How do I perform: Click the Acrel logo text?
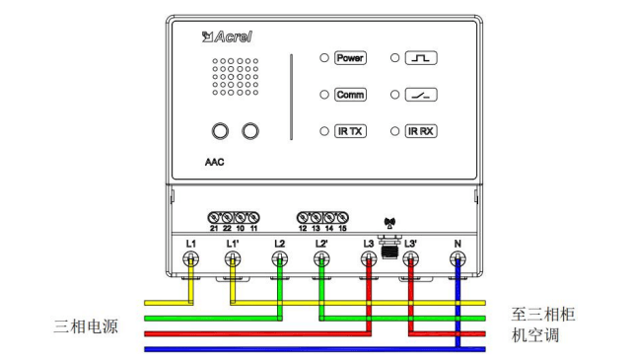[228, 36]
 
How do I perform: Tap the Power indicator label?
[350, 58]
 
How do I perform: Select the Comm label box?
[350, 95]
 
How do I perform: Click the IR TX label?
[350, 131]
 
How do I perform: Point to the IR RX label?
[421, 131]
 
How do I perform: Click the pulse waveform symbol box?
[421, 58]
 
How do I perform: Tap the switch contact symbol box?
[421, 95]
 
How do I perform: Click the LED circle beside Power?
[324, 58]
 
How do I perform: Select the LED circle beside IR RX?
[394, 131]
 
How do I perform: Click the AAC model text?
[214, 163]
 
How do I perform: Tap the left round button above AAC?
[220, 131]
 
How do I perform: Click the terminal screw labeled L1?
[191, 258]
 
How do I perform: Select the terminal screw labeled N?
[457, 258]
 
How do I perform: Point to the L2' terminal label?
[321, 244]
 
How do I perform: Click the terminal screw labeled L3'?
[410, 258]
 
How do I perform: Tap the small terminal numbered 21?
[214, 218]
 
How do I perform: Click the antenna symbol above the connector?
[389, 223]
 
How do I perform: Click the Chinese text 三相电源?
[86, 326]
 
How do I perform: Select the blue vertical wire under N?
[457, 303]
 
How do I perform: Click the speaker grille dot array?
[235, 77]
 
